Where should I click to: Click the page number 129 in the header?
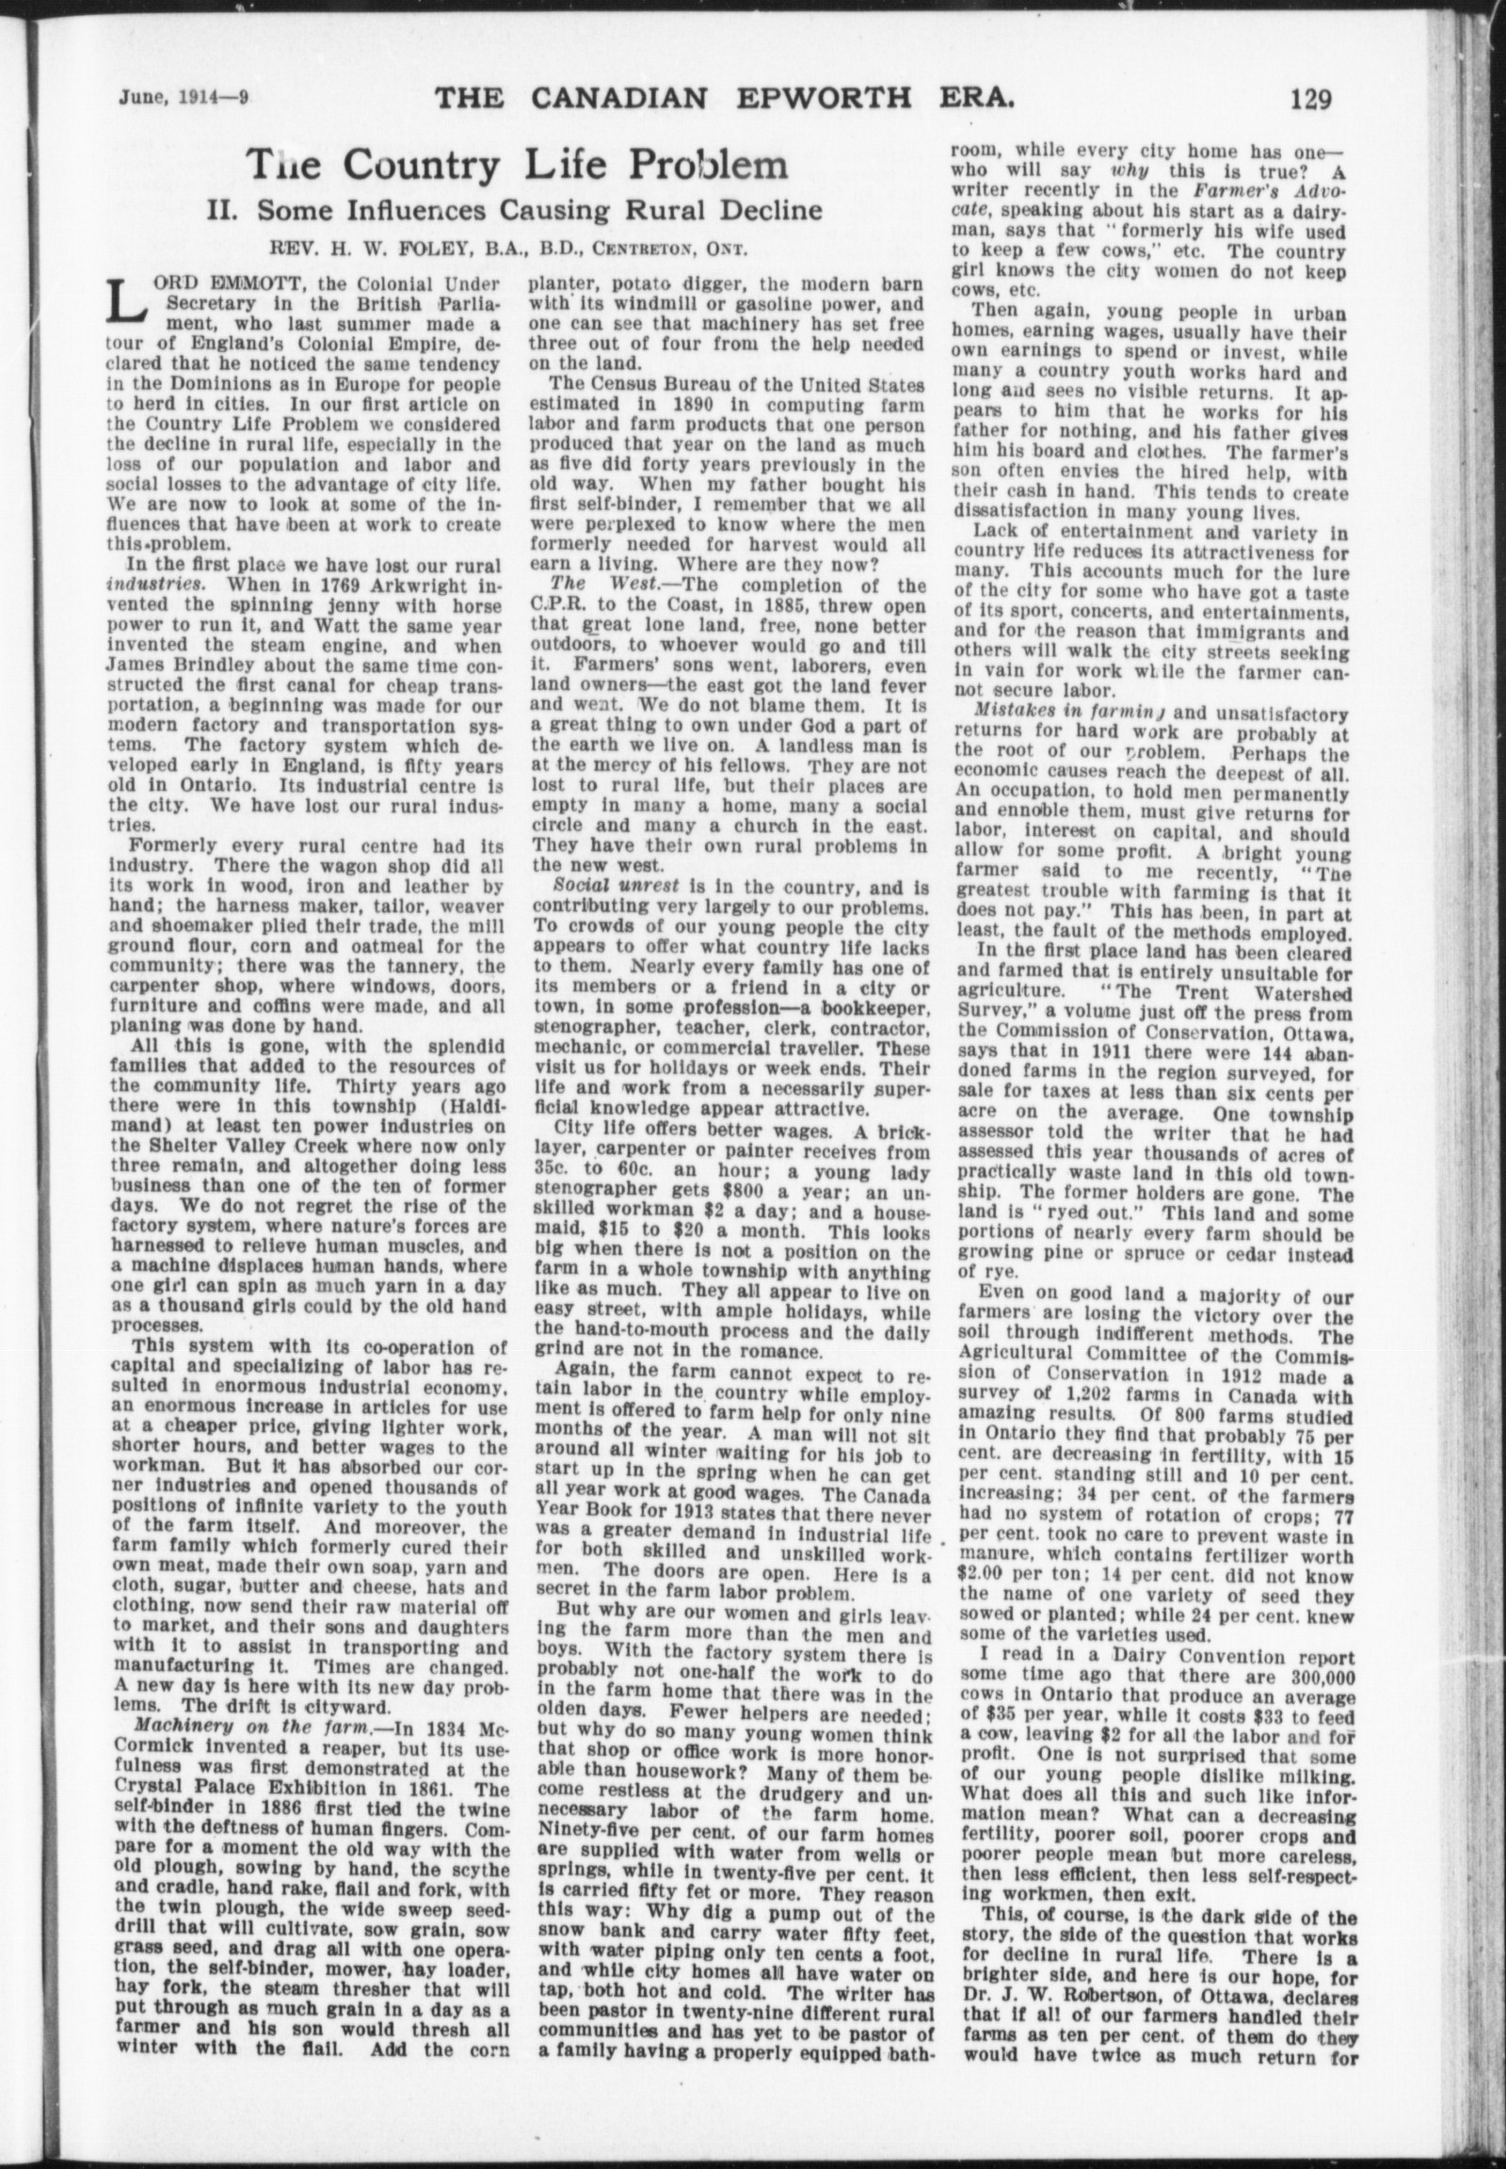click(1306, 98)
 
